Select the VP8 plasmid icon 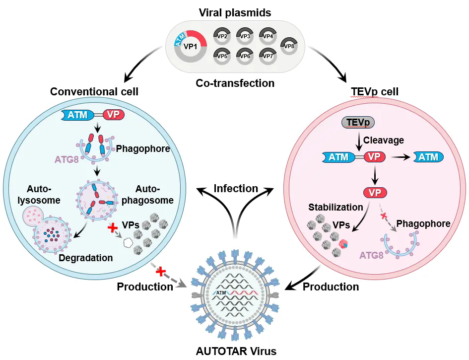(x=289, y=46)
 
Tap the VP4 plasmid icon (x=268, y=36)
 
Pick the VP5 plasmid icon (x=222, y=56)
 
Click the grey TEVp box (x=358, y=122)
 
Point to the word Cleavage (x=384, y=140)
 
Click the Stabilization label (x=335, y=207)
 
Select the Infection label (x=236, y=189)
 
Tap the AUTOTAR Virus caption (x=236, y=351)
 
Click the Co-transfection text (x=235, y=83)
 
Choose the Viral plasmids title (x=235, y=12)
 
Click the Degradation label (x=85, y=258)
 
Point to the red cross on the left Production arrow (x=161, y=272)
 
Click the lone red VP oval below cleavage (x=375, y=193)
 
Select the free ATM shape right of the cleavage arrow (x=428, y=157)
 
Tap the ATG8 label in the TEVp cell (x=371, y=255)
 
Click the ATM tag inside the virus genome (x=221, y=292)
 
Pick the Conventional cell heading (x=94, y=91)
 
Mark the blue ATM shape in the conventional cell (x=77, y=115)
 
